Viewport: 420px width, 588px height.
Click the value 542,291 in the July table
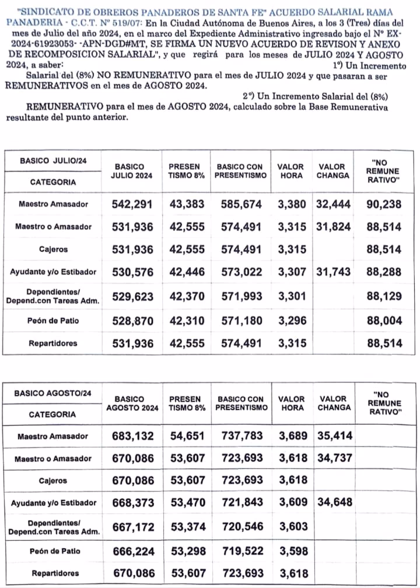pyautogui.click(x=132, y=204)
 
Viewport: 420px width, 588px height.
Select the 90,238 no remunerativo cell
pyautogui.click(x=384, y=204)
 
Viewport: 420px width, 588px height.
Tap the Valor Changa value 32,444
pyautogui.click(x=333, y=204)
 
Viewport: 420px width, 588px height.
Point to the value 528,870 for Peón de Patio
pyautogui.click(x=132, y=321)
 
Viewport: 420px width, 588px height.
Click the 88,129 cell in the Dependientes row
pyautogui.click(x=384, y=296)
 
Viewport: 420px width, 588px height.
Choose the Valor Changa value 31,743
pyautogui.click(x=333, y=272)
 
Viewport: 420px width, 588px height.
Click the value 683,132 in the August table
pyautogui.click(x=132, y=436)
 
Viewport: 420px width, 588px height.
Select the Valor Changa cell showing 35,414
pyautogui.click(x=335, y=436)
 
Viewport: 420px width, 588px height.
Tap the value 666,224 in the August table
pyautogui.click(x=132, y=551)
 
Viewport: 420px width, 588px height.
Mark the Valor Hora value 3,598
pyautogui.click(x=291, y=551)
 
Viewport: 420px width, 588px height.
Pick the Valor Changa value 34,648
pyautogui.click(x=335, y=503)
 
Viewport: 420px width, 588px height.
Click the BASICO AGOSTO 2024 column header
pyautogui.click(x=132, y=404)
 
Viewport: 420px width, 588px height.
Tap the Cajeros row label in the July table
pyautogui.click(x=53, y=249)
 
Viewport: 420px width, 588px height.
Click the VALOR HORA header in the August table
pyautogui.click(x=291, y=404)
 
